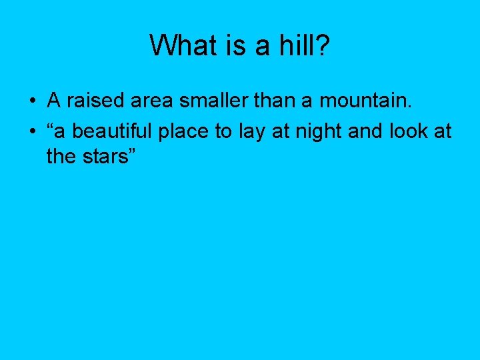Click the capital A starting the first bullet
(x=54, y=101)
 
